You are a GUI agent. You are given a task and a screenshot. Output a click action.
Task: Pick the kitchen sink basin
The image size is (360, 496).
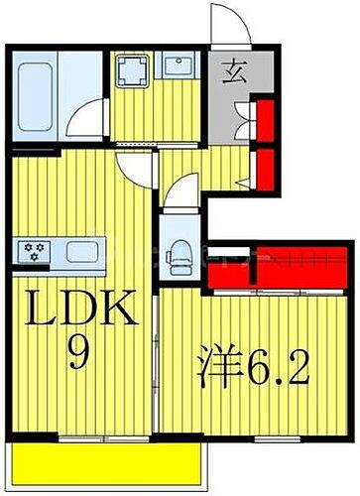tap(71, 250)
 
